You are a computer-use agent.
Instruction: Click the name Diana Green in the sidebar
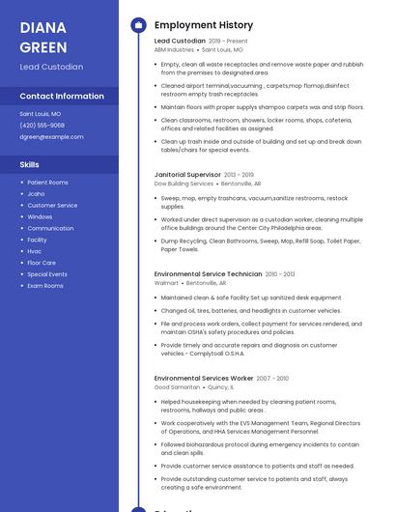(x=43, y=37)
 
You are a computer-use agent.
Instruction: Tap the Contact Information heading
(x=62, y=97)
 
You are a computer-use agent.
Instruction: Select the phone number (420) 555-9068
(x=42, y=126)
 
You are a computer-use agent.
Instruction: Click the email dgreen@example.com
(x=51, y=137)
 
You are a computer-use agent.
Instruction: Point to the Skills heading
(x=30, y=165)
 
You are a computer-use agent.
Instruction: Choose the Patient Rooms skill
(x=47, y=183)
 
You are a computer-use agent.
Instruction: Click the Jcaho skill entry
(x=36, y=194)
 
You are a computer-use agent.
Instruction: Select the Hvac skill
(x=35, y=251)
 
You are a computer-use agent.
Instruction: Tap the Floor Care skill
(x=42, y=263)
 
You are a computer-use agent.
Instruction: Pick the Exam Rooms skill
(x=45, y=286)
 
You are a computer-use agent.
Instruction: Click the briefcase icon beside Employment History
(x=138, y=25)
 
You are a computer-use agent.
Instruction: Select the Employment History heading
(x=204, y=25)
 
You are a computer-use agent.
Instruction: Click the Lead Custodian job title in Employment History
(x=180, y=42)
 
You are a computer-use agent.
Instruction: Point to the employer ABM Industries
(x=174, y=49)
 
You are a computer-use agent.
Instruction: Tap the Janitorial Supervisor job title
(x=187, y=175)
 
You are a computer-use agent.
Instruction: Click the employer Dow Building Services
(x=184, y=184)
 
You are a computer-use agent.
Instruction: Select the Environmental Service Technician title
(x=208, y=274)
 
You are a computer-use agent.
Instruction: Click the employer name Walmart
(x=166, y=283)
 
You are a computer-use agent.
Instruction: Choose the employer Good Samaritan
(x=177, y=386)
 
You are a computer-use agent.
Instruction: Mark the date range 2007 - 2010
(x=272, y=379)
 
